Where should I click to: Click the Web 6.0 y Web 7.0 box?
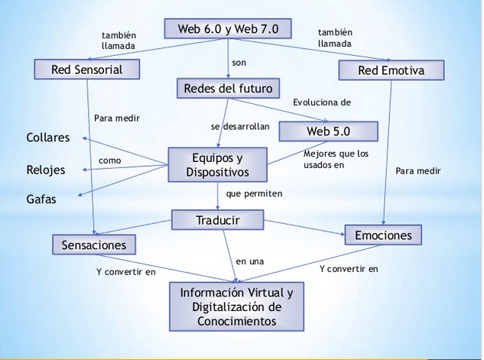[228, 29]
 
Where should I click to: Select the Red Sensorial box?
[88, 70]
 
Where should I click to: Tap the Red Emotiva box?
[391, 71]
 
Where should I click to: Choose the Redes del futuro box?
[228, 89]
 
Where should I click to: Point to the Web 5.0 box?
[328, 131]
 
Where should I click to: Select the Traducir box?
[218, 220]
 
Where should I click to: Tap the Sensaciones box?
[94, 244]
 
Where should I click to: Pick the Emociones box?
[383, 235]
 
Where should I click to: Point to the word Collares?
[47, 138]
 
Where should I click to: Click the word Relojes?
[46, 170]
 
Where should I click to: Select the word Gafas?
[41, 199]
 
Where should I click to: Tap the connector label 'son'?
[239, 61]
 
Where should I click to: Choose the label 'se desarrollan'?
[240, 126]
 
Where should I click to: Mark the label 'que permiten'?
[254, 194]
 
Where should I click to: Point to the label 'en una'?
[249, 261]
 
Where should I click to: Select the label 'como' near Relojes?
[109, 161]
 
